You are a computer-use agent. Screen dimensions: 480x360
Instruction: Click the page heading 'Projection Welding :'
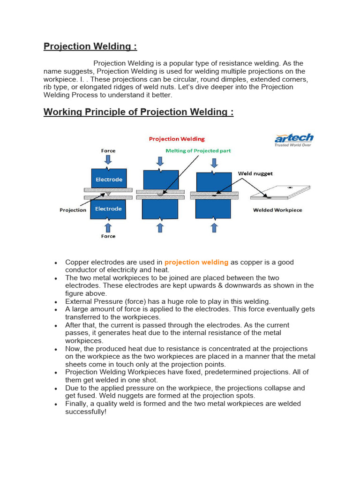point(90,46)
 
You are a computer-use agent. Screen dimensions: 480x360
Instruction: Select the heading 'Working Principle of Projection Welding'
point(138,112)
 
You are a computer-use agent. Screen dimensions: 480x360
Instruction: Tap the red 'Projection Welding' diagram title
point(177,139)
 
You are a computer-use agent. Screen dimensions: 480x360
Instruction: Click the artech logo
point(294,140)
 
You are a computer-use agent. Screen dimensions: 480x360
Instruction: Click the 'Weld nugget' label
point(255,173)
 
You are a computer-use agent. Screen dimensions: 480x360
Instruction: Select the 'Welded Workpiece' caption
point(277,210)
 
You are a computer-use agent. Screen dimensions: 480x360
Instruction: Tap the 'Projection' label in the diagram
point(73,210)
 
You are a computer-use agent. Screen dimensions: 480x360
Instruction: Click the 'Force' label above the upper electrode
point(108,150)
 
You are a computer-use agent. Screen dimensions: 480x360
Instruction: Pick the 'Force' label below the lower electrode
point(108,236)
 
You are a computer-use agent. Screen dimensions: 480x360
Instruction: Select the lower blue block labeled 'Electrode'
point(109,209)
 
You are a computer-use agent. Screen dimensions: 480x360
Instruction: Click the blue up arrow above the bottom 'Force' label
point(108,227)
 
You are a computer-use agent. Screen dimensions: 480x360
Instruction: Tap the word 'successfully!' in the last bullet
point(86,412)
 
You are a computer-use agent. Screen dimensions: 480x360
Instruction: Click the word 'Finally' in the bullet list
point(77,404)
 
